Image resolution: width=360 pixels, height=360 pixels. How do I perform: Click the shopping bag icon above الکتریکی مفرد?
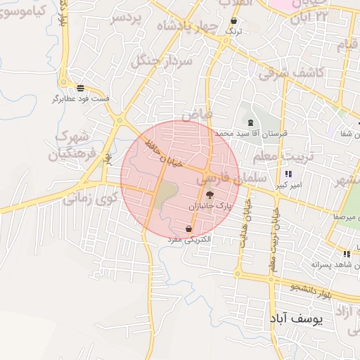189,229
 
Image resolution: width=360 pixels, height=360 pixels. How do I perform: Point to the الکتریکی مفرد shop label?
189,240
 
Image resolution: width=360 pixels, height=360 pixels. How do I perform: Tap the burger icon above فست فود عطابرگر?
82,89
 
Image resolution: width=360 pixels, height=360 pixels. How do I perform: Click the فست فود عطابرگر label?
82,99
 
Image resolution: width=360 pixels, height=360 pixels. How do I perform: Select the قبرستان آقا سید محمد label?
252,132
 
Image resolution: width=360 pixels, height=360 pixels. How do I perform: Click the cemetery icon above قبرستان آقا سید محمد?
251,122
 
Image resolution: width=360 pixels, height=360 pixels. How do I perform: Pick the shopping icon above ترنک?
233,21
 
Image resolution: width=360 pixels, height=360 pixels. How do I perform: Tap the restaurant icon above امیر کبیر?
288,174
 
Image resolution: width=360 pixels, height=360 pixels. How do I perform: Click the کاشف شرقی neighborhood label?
291,72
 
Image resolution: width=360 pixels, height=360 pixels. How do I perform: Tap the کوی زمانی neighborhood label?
90,199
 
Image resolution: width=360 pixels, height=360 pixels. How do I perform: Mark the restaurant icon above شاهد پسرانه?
346,254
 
